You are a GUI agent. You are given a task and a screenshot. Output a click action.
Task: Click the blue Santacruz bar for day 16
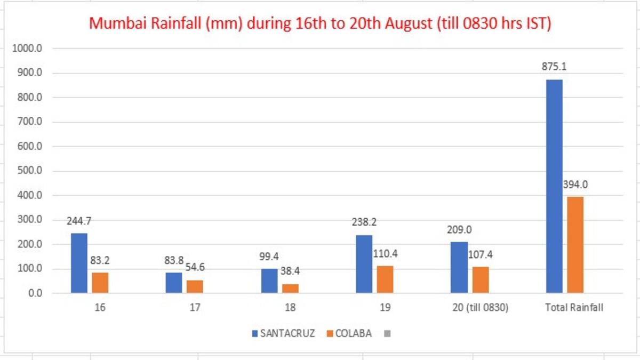(79, 263)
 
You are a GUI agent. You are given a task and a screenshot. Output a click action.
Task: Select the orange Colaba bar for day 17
(195, 286)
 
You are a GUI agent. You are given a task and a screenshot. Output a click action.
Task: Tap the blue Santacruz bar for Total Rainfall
(554, 186)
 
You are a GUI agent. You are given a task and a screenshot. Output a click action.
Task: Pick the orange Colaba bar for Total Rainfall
(575, 245)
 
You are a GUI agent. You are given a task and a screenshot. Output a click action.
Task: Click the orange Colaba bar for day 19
(385, 279)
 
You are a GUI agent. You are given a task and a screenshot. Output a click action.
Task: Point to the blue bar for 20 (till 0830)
(459, 267)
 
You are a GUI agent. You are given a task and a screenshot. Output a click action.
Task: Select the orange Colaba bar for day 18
(290, 289)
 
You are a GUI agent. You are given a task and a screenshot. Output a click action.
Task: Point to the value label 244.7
(79, 221)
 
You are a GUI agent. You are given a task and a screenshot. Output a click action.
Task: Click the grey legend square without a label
(387, 334)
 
